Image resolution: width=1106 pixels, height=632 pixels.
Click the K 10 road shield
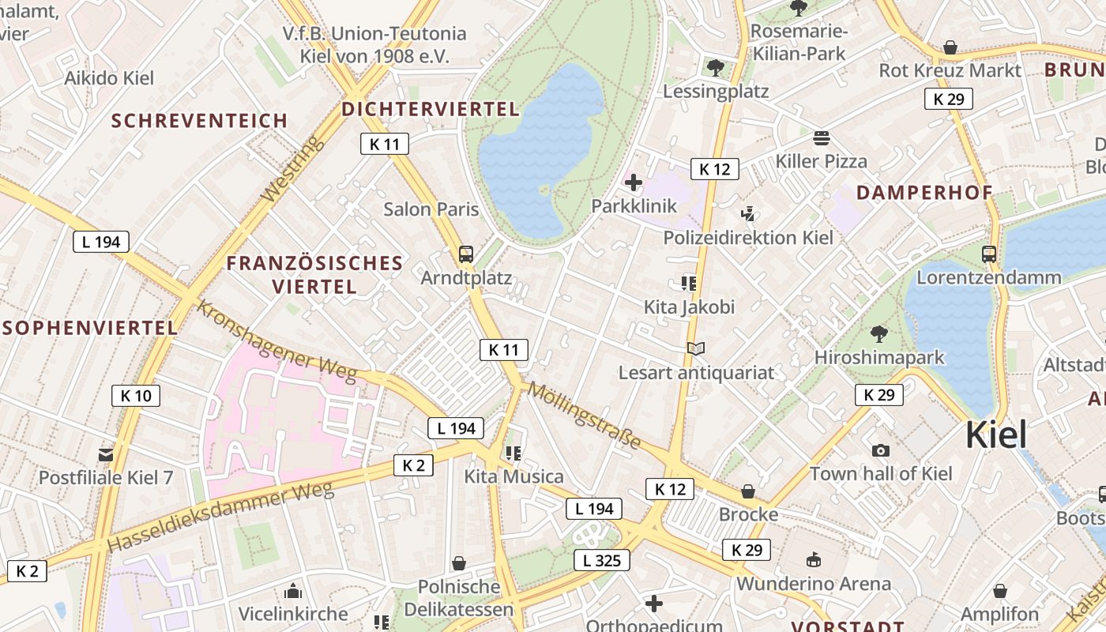136,396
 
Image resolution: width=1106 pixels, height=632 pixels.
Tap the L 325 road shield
601,561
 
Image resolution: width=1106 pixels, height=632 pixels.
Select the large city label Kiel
997,435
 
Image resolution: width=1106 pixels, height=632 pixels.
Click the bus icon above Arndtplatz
466,254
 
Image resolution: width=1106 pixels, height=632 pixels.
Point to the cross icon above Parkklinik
634,183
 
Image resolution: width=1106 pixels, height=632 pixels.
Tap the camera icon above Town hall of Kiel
880,450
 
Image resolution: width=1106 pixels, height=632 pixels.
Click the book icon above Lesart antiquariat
696,348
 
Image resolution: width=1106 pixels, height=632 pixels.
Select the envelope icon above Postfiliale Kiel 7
106,454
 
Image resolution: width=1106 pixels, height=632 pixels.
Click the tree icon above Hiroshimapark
878,333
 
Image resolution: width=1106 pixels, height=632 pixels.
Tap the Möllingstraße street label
584,415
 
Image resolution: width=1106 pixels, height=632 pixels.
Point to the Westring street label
292,168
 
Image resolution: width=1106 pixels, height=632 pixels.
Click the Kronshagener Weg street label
276,340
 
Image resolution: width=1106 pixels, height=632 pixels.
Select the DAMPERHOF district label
924,193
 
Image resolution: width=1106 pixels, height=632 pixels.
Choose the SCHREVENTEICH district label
199,121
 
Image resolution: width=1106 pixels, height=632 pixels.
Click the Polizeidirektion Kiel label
748,238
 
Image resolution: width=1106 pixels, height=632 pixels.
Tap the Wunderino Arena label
814,584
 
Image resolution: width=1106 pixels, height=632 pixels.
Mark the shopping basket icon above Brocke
748,491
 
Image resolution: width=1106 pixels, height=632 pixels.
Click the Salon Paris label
431,209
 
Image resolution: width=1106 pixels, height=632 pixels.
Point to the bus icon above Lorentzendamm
989,254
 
